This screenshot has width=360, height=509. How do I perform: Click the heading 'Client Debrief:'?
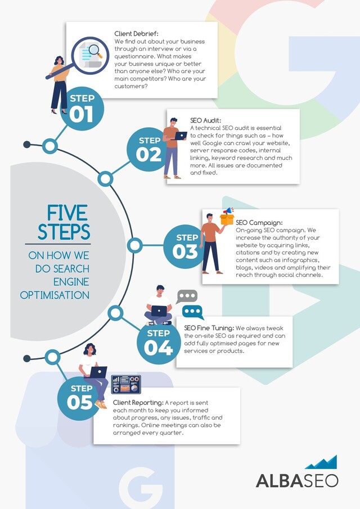coord(136,34)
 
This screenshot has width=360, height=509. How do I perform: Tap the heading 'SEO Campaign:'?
coord(259,223)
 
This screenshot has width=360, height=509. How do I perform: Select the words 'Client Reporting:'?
coord(138,403)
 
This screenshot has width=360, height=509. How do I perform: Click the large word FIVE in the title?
coord(67,213)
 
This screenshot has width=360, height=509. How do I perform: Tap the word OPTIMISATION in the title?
coord(55,295)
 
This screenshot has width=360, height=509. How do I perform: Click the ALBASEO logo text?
coord(296,480)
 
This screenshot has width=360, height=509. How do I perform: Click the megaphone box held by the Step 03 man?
coord(227,216)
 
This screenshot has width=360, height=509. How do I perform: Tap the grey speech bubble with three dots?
coord(187,296)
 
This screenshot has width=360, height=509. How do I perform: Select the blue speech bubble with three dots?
coord(193,312)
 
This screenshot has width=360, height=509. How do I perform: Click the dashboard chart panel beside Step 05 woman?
coord(125,384)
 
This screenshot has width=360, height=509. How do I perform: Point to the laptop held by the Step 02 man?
coord(181,136)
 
